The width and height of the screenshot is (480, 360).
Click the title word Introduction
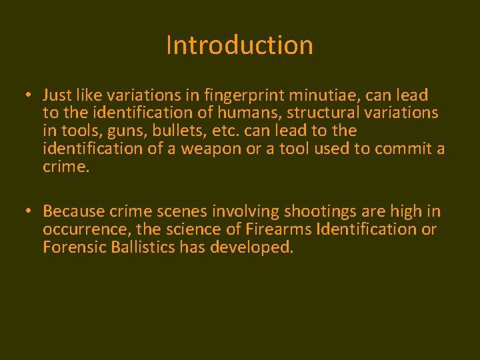tap(239, 45)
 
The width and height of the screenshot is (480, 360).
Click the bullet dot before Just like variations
tap(27, 95)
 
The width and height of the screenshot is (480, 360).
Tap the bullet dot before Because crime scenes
tap(27, 211)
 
